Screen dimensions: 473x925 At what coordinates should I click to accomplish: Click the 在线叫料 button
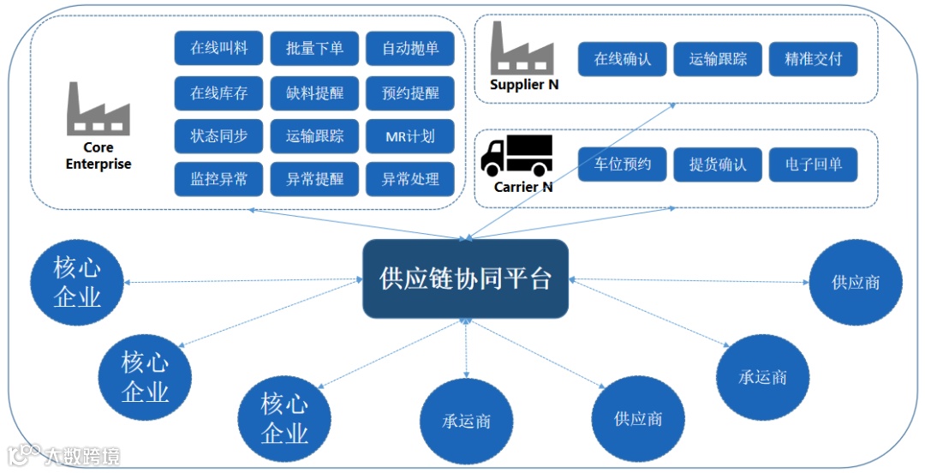(218, 49)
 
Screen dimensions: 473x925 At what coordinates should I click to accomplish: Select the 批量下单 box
(314, 49)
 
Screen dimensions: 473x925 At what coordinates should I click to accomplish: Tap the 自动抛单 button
(410, 49)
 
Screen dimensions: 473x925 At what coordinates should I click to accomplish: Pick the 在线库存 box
(218, 93)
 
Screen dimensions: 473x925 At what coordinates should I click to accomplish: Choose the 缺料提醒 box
(314, 93)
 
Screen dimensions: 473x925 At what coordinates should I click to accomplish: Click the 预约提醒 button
(410, 93)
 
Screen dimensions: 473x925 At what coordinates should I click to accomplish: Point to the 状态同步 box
(218, 136)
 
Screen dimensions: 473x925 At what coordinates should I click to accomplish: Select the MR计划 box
(410, 136)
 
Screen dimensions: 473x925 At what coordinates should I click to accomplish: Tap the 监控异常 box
(218, 180)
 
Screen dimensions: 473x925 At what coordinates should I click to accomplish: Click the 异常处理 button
(410, 180)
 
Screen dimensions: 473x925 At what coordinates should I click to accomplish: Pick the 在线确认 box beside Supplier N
(623, 60)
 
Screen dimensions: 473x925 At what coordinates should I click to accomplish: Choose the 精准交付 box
(813, 60)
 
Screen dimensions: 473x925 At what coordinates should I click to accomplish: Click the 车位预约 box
(623, 165)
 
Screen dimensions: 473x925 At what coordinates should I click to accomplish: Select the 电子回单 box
(813, 165)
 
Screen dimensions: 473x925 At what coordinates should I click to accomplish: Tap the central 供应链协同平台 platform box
(465, 278)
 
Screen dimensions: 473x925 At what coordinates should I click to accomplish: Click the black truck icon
(516, 155)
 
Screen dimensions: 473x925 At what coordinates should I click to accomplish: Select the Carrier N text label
(523, 187)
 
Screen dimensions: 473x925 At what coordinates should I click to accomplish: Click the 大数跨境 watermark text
(82, 456)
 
